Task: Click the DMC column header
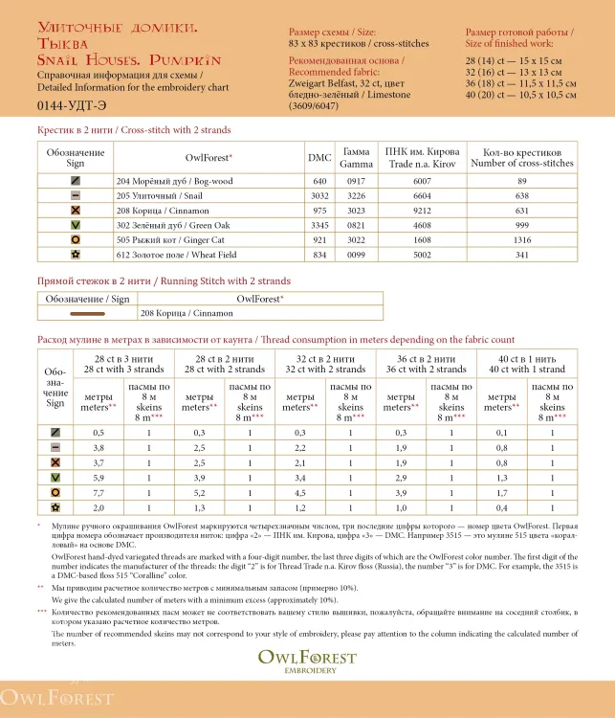pos(319,157)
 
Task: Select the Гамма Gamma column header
pos(356,157)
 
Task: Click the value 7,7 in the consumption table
pos(99,492)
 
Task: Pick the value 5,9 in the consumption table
pos(99,477)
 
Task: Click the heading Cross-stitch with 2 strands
pos(134,129)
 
